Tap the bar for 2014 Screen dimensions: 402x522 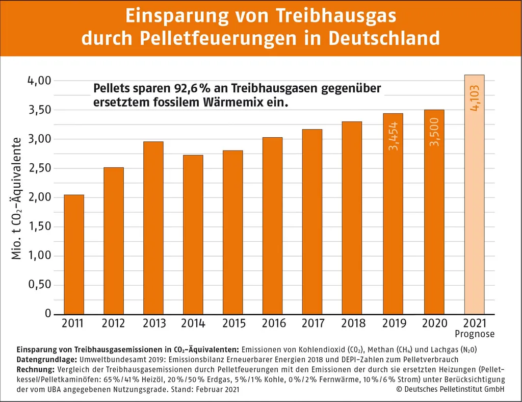(193, 234)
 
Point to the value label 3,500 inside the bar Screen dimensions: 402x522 (434, 133)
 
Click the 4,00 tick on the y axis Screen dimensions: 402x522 (39, 81)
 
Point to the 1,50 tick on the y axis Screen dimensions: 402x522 (39, 227)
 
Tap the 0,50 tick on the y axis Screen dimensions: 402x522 (39, 285)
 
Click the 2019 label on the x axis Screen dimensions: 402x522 (394, 323)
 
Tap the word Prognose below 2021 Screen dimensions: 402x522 (474, 335)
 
